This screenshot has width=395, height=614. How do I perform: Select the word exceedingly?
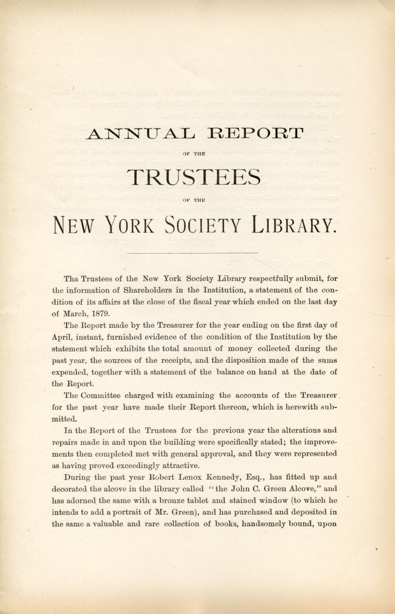[138, 466]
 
